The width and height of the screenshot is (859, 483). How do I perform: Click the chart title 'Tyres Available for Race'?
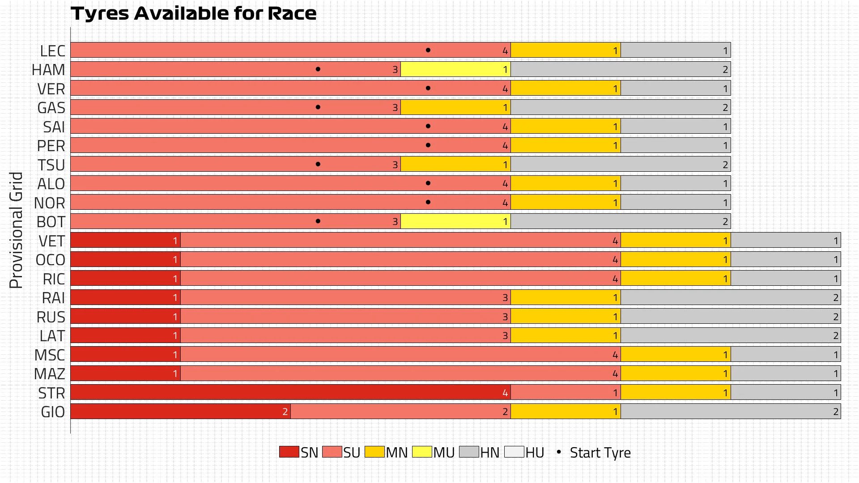tap(193, 13)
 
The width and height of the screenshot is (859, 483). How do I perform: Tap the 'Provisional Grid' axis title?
tap(16, 230)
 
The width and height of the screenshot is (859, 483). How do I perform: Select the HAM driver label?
tap(48, 70)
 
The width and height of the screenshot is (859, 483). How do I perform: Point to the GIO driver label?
tap(53, 412)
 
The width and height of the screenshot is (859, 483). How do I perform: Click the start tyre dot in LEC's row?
tap(428, 50)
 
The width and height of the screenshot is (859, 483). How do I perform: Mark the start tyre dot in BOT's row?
tap(318, 221)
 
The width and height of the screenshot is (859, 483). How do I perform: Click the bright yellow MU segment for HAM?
tap(455, 69)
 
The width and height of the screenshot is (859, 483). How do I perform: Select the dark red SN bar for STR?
tap(290, 393)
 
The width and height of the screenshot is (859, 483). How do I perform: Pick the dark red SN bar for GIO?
tap(180, 411)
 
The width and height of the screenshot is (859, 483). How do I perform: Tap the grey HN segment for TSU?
tap(621, 165)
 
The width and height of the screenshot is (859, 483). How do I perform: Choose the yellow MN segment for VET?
tap(676, 241)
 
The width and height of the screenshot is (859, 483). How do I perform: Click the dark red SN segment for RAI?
tap(125, 297)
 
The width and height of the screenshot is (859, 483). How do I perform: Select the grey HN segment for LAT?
tap(731, 335)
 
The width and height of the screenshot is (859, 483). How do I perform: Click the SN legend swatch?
tap(289, 452)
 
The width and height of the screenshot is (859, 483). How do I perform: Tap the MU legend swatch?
tap(422, 452)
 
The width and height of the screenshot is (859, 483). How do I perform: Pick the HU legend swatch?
tap(514, 452)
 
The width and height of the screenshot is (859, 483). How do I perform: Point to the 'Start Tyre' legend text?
tap(600, 453)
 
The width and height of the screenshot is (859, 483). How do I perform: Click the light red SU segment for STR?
tap(566, 393)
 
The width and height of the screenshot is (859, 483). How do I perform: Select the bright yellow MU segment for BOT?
tap(455, 221)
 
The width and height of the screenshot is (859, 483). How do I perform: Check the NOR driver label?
tap(50, 203)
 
